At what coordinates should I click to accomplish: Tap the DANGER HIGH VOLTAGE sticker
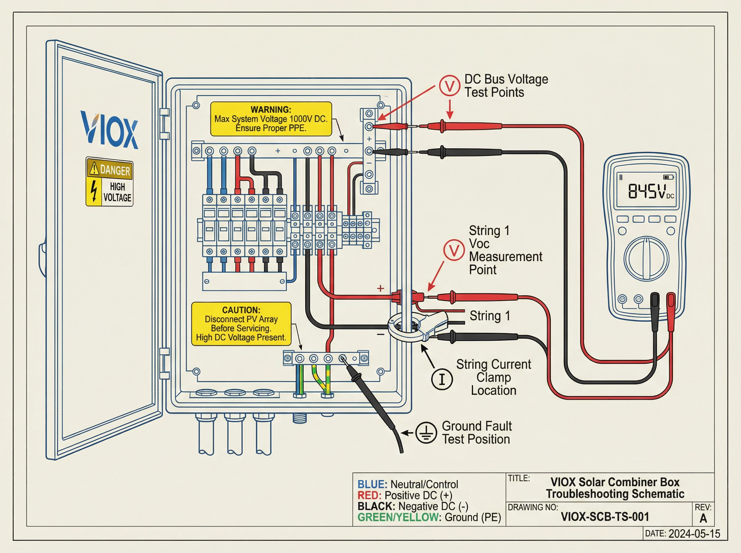point(110,182)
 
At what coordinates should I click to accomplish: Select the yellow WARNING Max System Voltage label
point(271,119)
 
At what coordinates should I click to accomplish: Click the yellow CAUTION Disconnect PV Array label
point(241,324)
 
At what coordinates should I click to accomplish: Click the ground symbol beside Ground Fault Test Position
point(426,433)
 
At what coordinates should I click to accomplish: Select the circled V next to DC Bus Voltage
point(449,86)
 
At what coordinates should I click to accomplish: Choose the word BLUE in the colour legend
point(372,484)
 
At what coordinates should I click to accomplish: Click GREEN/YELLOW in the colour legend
point(398,517)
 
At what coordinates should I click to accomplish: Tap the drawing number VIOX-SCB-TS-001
point(605,517)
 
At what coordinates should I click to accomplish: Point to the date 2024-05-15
point(694,534)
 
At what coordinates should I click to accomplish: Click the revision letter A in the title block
point(703,518)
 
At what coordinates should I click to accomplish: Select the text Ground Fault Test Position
point(476,432)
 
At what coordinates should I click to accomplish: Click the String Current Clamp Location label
point(494,377)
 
